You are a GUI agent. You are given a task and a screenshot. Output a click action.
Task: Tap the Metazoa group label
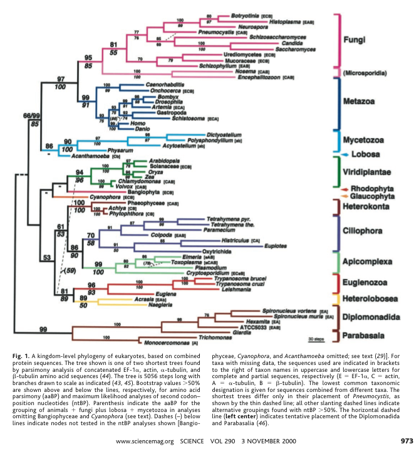[x=360, y=100]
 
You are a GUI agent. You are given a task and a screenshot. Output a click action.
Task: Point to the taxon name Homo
[x=140, y=124]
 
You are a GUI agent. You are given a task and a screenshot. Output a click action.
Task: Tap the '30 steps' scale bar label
[x=316, y=339]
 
